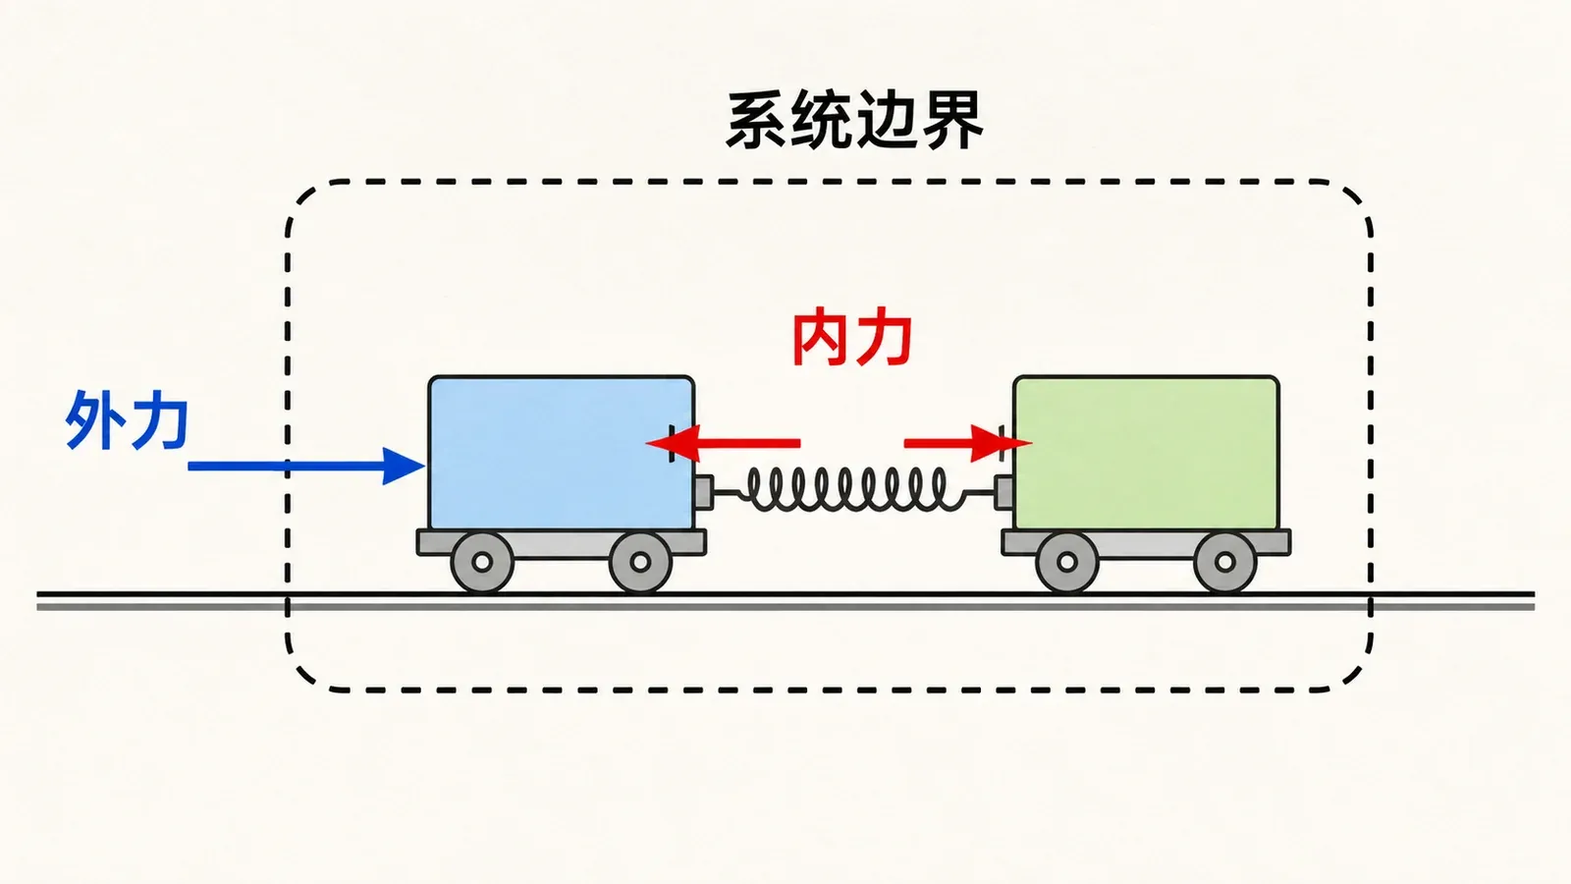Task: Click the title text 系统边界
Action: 854,121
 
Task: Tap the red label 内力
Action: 852,340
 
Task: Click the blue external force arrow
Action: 306,466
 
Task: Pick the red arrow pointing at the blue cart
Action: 723,443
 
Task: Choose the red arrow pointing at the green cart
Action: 968,443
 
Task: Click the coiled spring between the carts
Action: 854,489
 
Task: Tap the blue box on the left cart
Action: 561,453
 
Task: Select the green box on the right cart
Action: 1147,453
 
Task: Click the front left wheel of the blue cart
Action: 482,562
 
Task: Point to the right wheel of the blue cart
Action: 640,562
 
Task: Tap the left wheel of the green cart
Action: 1066,562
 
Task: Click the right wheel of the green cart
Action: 1225,562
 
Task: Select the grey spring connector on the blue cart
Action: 704,492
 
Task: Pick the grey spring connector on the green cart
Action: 1004,492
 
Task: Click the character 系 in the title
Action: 756,121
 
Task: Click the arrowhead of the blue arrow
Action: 404,466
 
